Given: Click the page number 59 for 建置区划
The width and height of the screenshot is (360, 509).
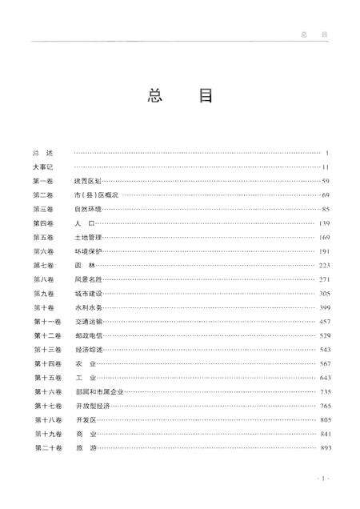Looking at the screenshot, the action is tap(326, 181).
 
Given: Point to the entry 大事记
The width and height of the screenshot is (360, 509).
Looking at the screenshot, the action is tap(42, 167).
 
